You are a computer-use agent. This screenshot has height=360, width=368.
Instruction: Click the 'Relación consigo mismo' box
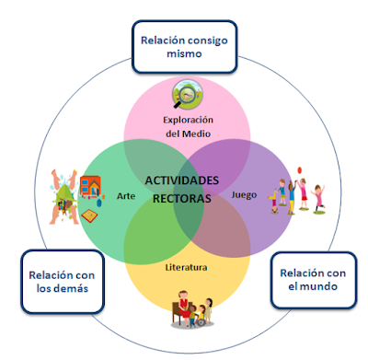tap(183, 46)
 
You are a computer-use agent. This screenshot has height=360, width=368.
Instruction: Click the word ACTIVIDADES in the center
tap(184, 180)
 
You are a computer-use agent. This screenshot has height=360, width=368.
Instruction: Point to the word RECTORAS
tap(183, 198)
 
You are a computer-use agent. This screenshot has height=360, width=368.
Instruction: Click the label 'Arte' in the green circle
tap(127, 196)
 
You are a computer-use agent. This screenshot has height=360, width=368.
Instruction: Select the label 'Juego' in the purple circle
tap(244, 195)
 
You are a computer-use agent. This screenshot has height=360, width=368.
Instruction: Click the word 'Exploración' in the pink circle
tap(188, 120)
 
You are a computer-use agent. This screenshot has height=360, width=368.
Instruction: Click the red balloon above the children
tap(299, 170)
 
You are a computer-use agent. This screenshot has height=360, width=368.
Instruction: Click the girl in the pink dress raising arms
tap(318, 195)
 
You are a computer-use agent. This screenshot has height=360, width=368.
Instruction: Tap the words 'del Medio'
tap(188, 135)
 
